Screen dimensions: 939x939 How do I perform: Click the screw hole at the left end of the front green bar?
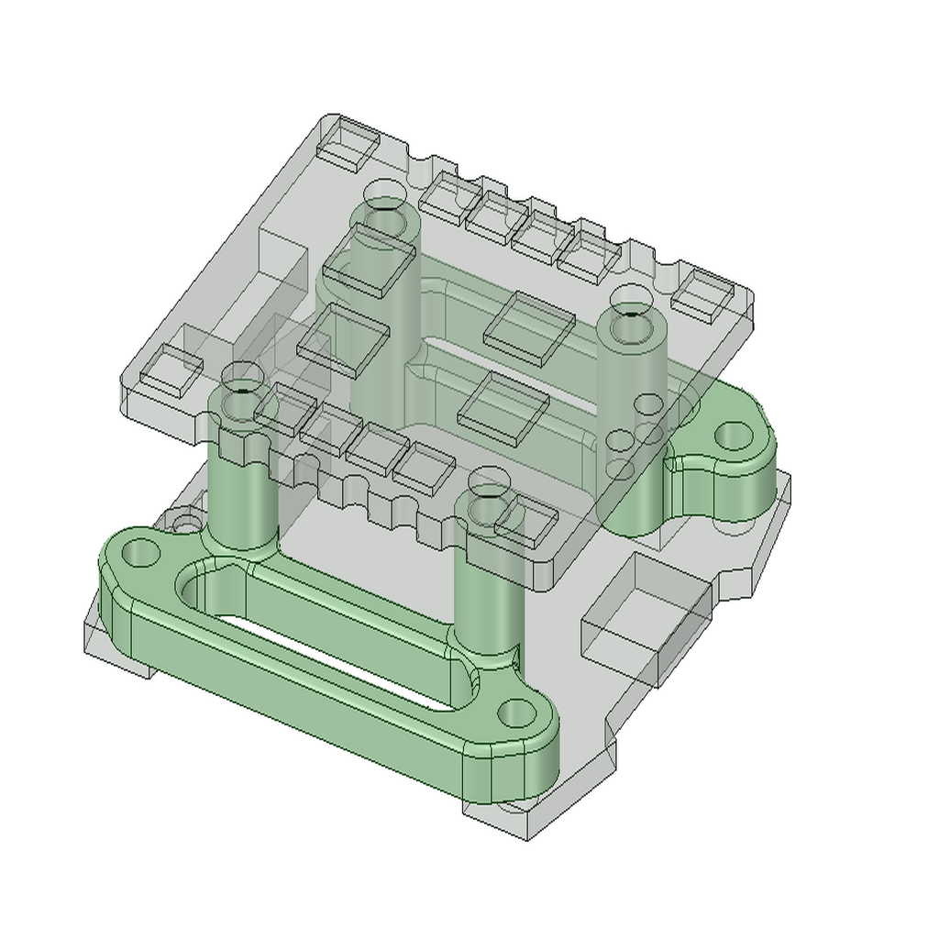pyautogui.click(x=139, y=553)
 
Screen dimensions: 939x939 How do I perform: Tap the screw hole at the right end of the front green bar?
pyautogui.click(x=518, y=712)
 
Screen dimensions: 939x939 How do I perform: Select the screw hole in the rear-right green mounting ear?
pyautogui.click(x=732, y=435)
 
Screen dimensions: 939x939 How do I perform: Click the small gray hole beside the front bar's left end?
pyautogui.click(x=186, y=525)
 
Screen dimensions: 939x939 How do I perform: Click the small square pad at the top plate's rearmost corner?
pyautogui.click(x=348, y=143)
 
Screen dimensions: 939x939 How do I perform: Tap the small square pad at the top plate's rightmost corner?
pyautogui.click(x=702, y=295)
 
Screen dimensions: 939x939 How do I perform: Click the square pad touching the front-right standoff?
pyautogui.click(x=527, y=521)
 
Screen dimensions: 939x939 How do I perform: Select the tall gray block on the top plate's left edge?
pyautogui.click(x=280, y=261)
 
